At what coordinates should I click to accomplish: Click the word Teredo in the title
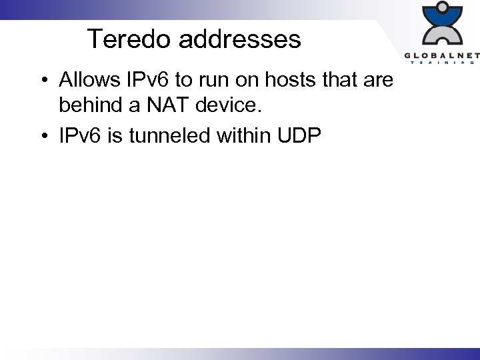pos(129,39)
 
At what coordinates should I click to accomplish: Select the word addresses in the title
pos(240,39)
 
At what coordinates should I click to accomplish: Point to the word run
pos(220,81)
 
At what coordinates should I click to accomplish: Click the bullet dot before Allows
pos(42,81)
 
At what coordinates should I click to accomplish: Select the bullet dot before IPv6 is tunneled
pos(42,137)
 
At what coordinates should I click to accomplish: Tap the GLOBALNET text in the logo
pos(441,54)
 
